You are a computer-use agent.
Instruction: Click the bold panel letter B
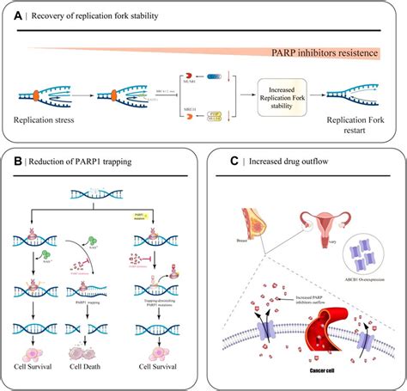pyautogui.click(x=15, y=162)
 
